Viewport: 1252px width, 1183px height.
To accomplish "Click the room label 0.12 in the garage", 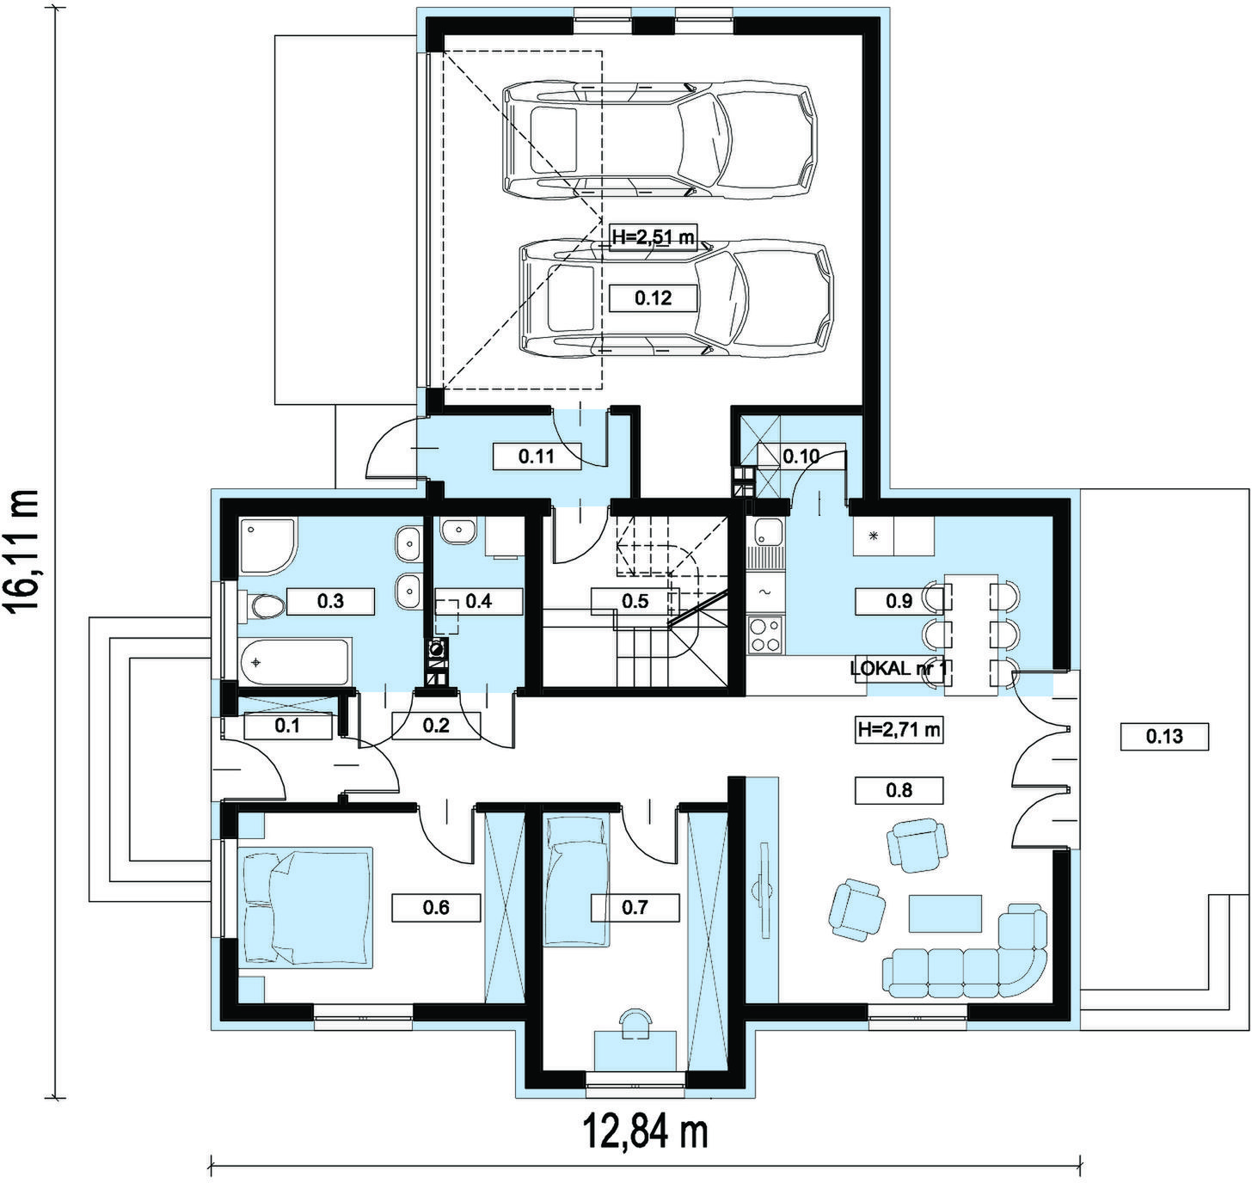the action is coord(653,297).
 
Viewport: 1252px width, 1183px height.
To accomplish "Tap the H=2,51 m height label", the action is coord(653,237).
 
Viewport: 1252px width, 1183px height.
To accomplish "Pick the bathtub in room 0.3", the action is coord(295,661).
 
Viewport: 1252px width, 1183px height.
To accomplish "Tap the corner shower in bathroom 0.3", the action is coord(267,546).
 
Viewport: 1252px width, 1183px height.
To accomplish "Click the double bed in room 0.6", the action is coord(306,907).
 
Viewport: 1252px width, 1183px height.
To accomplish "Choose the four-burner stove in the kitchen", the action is coord(764,634).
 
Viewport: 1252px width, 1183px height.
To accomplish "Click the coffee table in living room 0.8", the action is coord(945,913).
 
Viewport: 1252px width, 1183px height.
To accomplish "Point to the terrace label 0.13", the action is coord(1164,736).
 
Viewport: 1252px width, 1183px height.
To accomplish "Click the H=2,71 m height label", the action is coord(899,730).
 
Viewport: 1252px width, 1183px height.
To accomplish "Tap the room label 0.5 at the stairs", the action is coord(635,601).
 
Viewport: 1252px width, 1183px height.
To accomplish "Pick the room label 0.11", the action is coord(537,456).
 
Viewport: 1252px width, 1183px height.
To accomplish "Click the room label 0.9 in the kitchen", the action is coord(899,601).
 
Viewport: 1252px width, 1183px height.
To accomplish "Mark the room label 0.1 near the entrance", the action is coord(287,726).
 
